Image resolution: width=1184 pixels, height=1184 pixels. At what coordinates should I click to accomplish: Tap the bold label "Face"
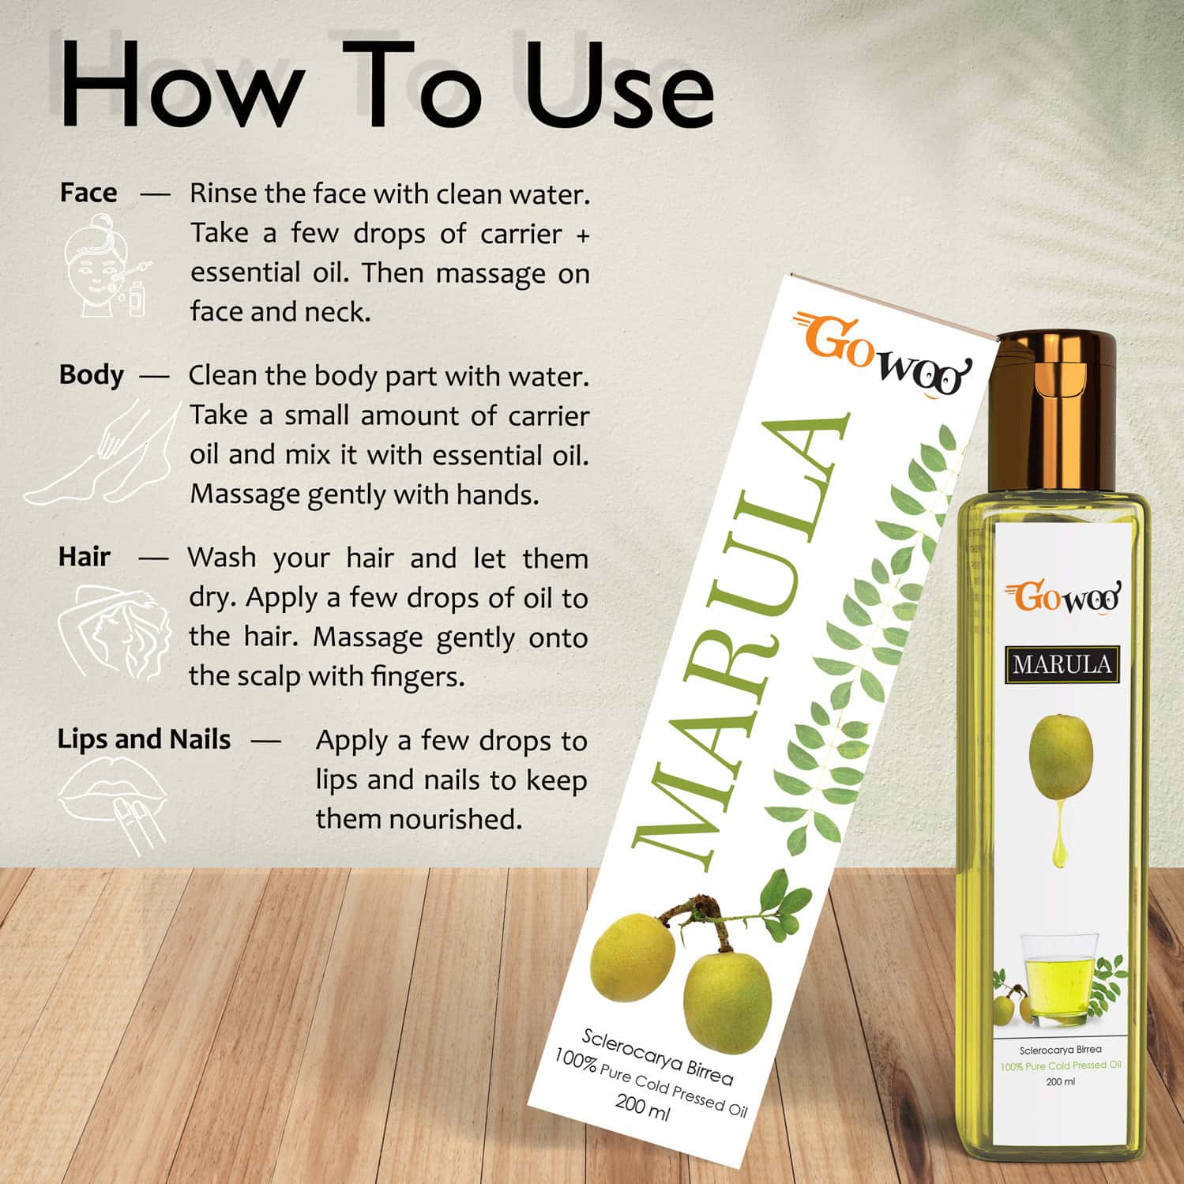click(88, 193)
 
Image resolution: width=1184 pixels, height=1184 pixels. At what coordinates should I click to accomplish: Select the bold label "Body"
click(91, 374)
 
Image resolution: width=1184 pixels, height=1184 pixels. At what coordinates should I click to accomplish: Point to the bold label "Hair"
click(84, 557)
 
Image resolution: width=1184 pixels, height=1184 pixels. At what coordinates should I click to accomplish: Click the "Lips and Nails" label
click(144, 739)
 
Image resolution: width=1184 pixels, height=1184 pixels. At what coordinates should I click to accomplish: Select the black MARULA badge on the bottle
click(1062, 664)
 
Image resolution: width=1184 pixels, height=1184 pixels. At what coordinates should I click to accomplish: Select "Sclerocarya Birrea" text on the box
click(657, 1056)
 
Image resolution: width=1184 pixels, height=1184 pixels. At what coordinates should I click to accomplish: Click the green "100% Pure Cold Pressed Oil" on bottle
click(1060, 1066)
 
